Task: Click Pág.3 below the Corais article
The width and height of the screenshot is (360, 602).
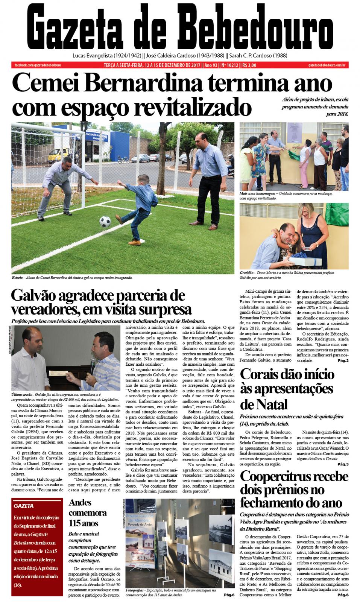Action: click(x=343, y=464)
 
